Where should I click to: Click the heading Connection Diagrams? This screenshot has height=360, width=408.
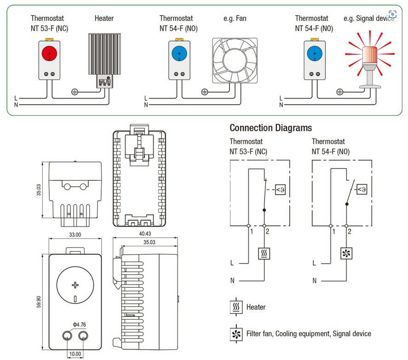click(x=270, y=128)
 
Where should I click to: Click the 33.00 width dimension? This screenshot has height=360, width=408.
click(x=75, y=234)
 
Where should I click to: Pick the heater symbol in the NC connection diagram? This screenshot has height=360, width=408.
click(x=264, y=253)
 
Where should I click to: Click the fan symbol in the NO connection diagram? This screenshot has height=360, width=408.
click(x=346, y=253)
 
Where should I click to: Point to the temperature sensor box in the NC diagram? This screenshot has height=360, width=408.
click(x=281, y=189)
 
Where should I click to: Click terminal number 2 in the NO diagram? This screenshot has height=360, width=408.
click(x=350, y=231)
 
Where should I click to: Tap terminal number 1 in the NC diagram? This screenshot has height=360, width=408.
click(x=252, y=231)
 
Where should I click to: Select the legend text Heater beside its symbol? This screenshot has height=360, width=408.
click(x=256, y=307)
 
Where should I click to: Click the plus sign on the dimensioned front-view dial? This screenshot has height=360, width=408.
click(x=75, y=285)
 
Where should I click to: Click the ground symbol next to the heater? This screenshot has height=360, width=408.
click(x=74, y=92)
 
